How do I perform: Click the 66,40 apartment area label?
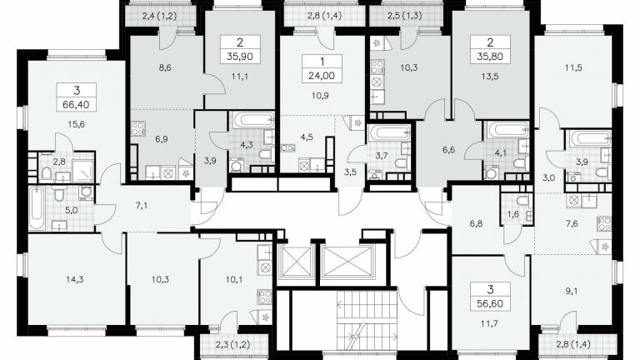77,105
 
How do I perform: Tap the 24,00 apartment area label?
322,76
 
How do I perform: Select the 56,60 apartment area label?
490,304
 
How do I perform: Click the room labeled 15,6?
77,124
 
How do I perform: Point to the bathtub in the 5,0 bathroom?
37,208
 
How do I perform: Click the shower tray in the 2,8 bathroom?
82,171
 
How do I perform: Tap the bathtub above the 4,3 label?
254,120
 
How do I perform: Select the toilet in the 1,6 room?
522,200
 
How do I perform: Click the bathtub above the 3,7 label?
389,132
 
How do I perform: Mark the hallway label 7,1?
142,206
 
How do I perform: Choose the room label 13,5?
490,77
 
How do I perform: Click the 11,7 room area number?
490,323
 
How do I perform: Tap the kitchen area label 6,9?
162,139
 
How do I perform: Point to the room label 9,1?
572,292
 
